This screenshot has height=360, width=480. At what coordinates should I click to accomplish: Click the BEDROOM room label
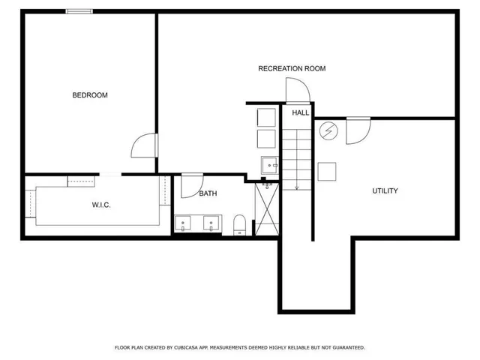(x=90, y=95)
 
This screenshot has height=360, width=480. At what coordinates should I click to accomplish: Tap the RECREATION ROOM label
(x=292, y=68)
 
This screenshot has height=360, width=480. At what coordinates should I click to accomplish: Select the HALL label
(x=300, y=112)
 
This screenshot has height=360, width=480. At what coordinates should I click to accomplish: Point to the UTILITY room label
(x=385, y=191)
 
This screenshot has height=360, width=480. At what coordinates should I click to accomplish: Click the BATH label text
(x=208, y=193)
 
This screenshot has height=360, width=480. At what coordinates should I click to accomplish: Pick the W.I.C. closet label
(x=101, y=205)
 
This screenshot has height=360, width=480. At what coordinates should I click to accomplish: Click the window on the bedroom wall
(x=79, y=11)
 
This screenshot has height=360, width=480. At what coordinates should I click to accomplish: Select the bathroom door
(x=192, y=184)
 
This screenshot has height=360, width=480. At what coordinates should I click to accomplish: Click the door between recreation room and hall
(x=298, y=91)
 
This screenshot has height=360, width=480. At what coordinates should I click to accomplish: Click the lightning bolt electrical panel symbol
(x=328, y=131)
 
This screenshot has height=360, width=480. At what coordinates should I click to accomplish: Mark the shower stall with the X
(x=267, y=207)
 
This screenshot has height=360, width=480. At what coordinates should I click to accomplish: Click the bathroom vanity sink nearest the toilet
(x=212, y=223)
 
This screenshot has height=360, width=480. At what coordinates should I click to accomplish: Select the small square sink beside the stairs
(x=269, y=164)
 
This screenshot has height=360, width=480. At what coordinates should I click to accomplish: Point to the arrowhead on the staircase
(x=296, y=187)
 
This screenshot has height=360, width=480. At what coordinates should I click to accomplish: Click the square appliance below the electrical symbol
(x=328, y=172)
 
